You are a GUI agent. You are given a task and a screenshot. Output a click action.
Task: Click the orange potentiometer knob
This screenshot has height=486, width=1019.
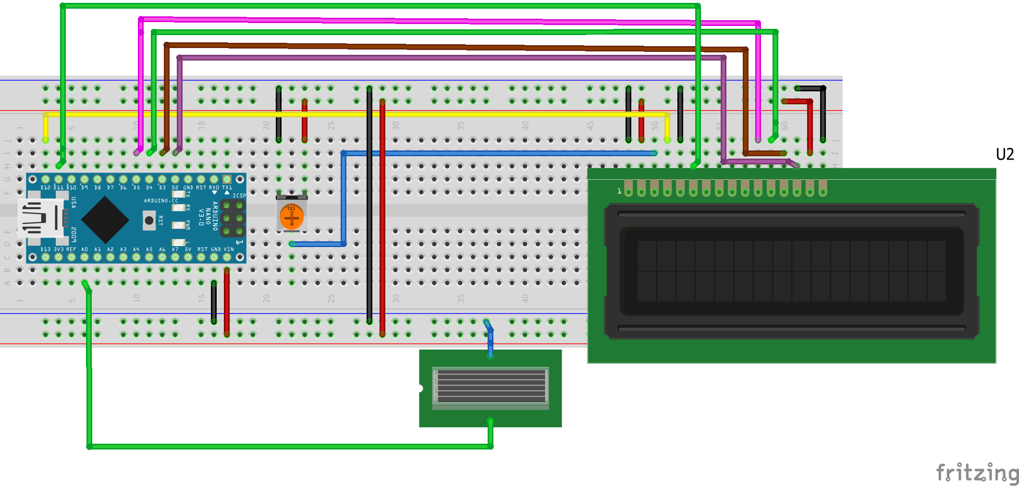[292, 217]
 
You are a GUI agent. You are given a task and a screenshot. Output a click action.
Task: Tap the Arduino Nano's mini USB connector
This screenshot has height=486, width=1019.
[41, 218]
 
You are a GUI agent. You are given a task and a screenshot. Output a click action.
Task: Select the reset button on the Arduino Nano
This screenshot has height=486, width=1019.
[149, 220]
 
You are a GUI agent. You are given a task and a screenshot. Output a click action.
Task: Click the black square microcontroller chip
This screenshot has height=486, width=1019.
[105, 220]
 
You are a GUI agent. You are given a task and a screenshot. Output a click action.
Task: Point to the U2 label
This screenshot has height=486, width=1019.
[1005, 154]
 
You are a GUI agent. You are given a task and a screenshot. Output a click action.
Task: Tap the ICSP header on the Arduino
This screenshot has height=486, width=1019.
[233, 219]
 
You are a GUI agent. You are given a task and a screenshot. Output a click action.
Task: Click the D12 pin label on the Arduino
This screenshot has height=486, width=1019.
[45, 187]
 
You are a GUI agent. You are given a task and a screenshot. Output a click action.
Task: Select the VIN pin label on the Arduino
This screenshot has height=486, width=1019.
[229, 249]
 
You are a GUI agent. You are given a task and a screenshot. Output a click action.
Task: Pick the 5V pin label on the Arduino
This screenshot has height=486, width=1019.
[188, 249]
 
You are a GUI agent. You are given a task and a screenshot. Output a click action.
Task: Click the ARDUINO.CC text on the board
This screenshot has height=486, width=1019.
[161, 200]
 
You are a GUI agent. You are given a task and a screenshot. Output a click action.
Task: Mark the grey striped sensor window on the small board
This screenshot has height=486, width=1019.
[491, 385]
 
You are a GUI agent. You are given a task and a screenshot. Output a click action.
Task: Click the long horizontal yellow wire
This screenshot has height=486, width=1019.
[356, 114]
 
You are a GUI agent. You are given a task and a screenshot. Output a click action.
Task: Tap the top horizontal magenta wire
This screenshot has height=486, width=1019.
[432, 21]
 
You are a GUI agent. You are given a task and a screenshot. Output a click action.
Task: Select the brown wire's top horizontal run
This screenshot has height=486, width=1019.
[432, 47]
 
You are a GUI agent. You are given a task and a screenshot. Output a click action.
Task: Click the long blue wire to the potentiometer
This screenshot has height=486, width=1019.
[500, 153]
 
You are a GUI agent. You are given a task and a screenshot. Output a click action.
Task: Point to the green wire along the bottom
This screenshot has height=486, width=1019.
[288, 447]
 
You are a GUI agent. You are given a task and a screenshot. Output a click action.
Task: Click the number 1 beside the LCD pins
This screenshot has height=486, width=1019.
[619, 191]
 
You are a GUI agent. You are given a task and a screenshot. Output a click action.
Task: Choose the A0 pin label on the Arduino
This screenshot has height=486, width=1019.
[85, 249]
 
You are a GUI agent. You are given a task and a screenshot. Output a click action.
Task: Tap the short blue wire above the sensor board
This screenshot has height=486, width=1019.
[490, 339]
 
